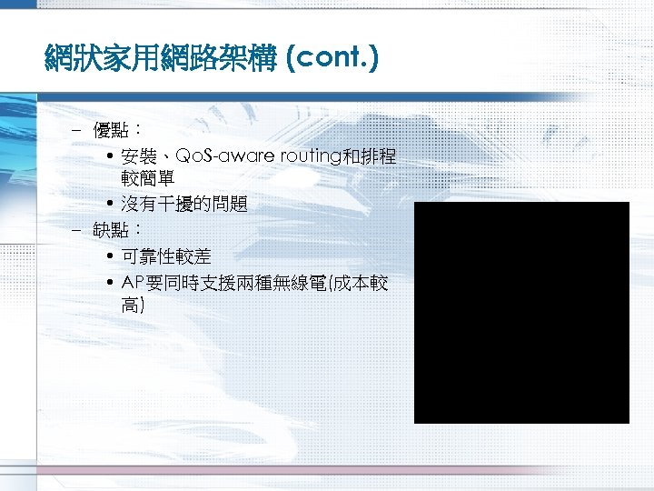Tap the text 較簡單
pyautogui.click(x=147, y=179)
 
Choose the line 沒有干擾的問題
pyautogui.click(x=183, y=205)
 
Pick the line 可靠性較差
pyautogui.click(x=165, y=257)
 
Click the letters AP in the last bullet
pyautogui.click(x=133, y=283)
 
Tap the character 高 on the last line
pyautogui.click(x=130, y=306)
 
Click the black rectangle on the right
pyautogui.click(x=521, y=312)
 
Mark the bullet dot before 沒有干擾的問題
pyautogui.click(x=109, y=205)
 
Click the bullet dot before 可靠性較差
pyautogui.click(x=109, y=257)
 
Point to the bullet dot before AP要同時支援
pyautogui.click(x=109, y=283)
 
